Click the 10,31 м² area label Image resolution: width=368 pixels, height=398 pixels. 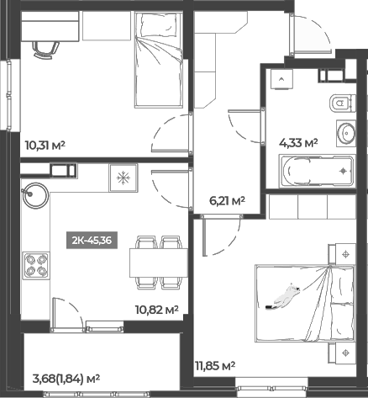[46, 145]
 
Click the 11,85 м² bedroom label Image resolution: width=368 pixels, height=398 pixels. [213, 365]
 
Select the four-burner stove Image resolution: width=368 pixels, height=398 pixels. [36, 267]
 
